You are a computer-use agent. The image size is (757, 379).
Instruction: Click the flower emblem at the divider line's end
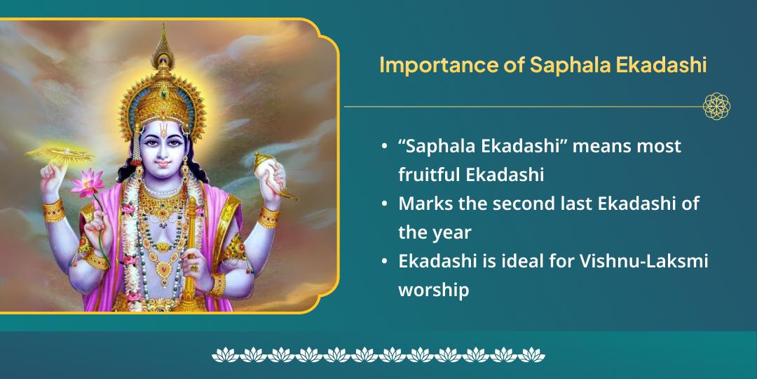click(x=716, y=107)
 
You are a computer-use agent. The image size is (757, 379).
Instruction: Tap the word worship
click(x=433, y=290)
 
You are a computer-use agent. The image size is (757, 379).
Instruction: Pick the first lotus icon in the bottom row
click(x=224, y=354)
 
